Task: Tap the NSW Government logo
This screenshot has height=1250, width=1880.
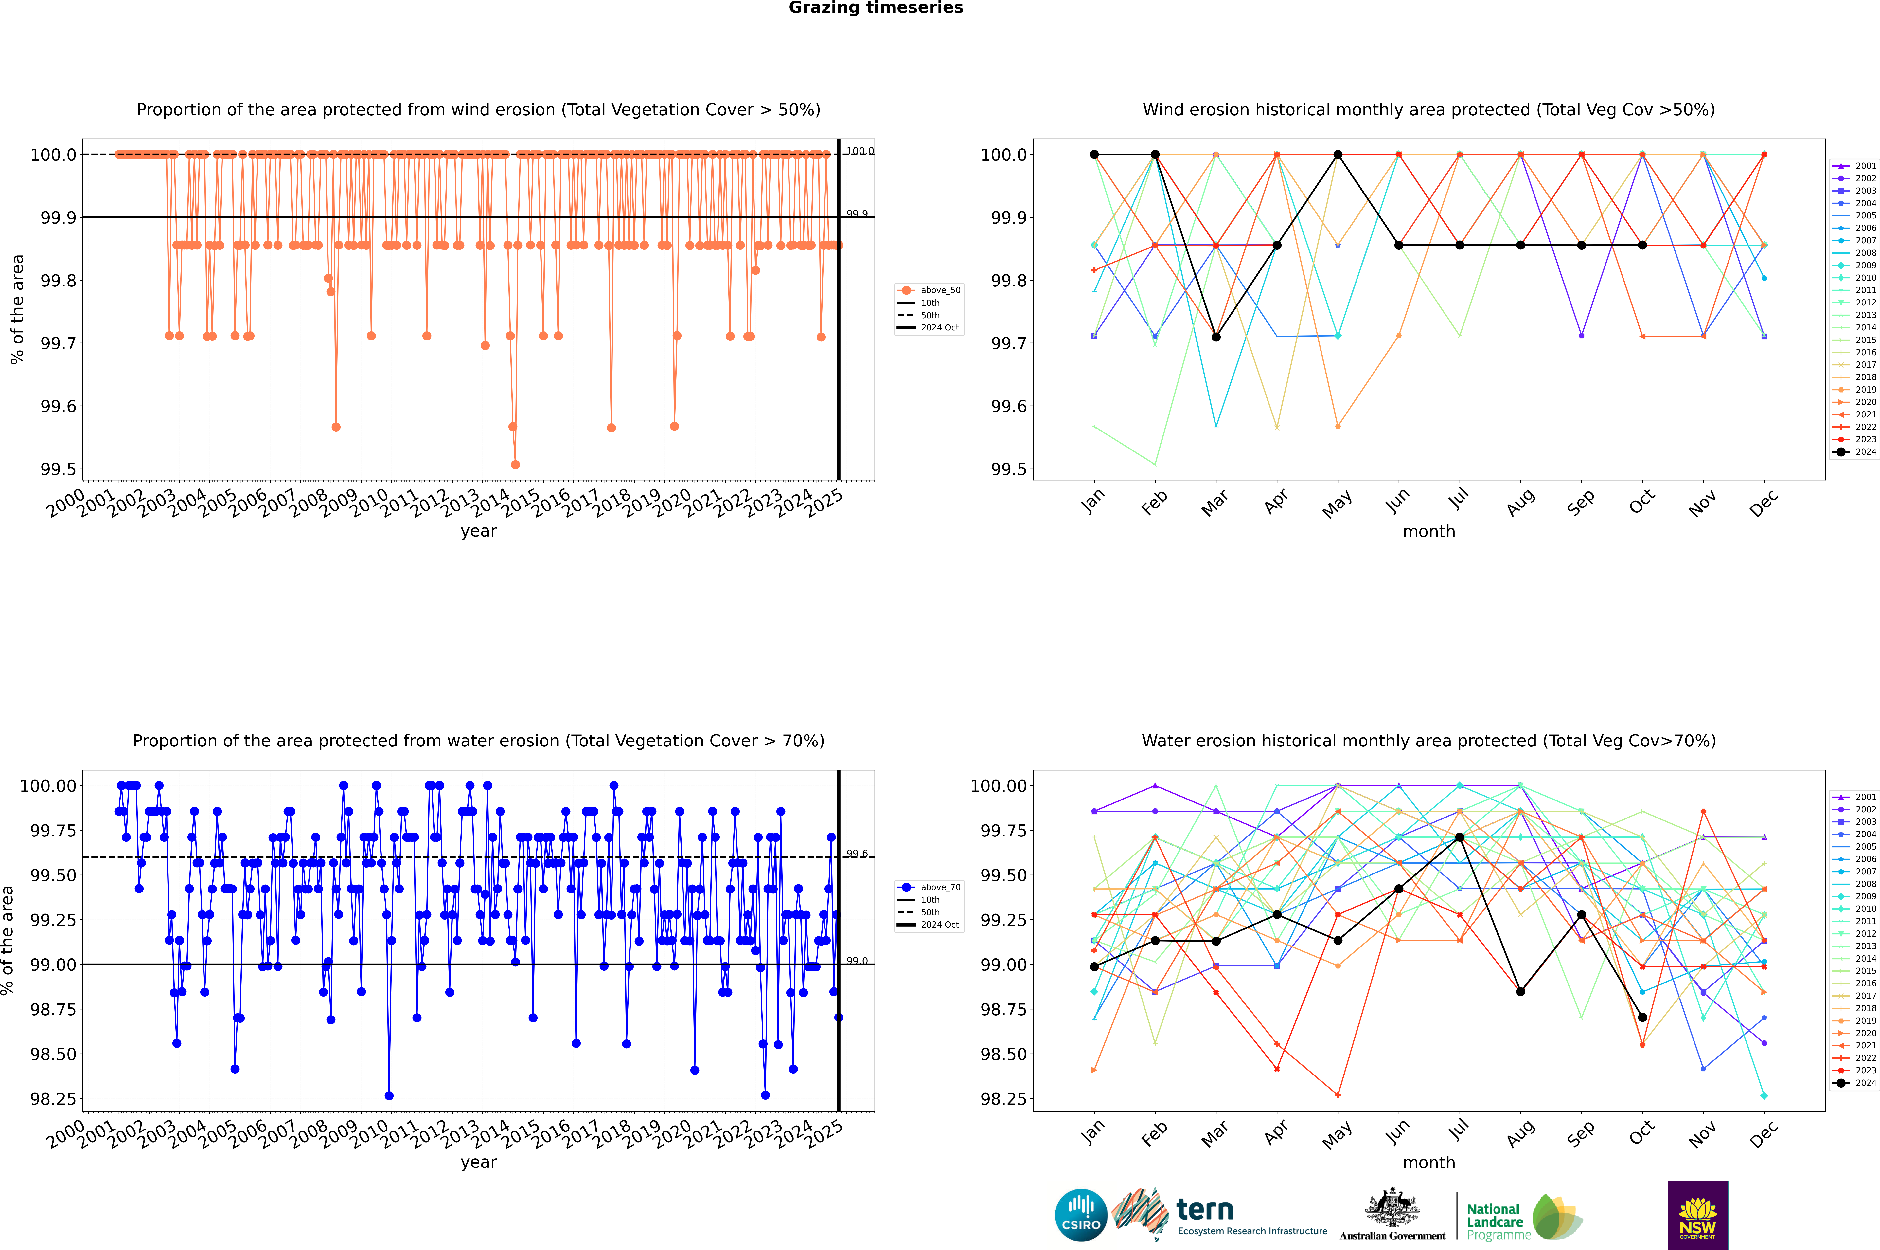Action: coord(1697,1215)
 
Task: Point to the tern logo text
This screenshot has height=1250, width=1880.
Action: coord(1205,1210)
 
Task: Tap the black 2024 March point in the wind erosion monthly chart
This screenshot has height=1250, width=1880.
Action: coord(1216,337)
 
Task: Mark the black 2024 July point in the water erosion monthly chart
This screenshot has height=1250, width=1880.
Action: coord(1459,837)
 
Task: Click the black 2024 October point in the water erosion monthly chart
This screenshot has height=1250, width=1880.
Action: coord(1642,1017)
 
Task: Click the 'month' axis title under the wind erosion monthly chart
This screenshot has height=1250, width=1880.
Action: coord(1428,532)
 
